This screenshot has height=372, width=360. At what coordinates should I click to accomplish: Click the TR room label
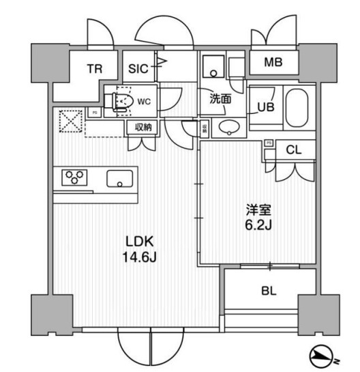94,68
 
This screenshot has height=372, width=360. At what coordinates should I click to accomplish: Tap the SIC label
138,68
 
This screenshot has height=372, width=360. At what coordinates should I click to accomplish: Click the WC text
143,101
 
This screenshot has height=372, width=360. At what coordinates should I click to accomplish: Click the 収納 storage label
142,126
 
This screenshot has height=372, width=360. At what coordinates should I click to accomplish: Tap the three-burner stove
76,177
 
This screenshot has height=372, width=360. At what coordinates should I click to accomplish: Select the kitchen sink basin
120,180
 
